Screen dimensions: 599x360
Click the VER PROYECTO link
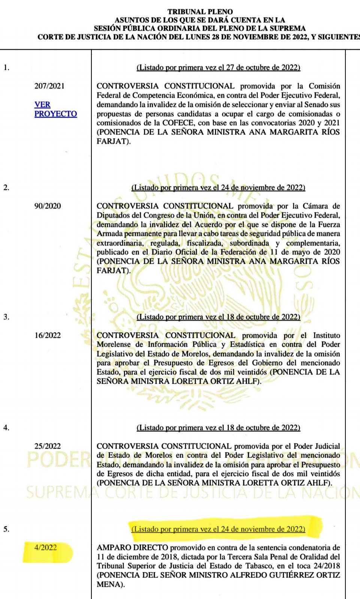tap(55, 109)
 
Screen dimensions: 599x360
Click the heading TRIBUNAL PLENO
tap(200, 12)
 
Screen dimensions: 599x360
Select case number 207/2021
tap(49, 86)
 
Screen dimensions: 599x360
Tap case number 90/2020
tap(48, 206)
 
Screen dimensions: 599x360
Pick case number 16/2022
tap(48, 335)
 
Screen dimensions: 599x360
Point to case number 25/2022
tap(48, 446)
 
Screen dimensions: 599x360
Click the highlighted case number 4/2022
tap(46, 548)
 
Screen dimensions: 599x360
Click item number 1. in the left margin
tap(6, 68)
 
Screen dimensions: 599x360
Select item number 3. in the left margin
tap(6, 317)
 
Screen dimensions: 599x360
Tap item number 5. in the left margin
tap(6, 529)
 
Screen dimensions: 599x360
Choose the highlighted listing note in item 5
tap(218, 529)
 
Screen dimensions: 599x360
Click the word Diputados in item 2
tap(114, 216)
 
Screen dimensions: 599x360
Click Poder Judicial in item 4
tap(317, 446)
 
